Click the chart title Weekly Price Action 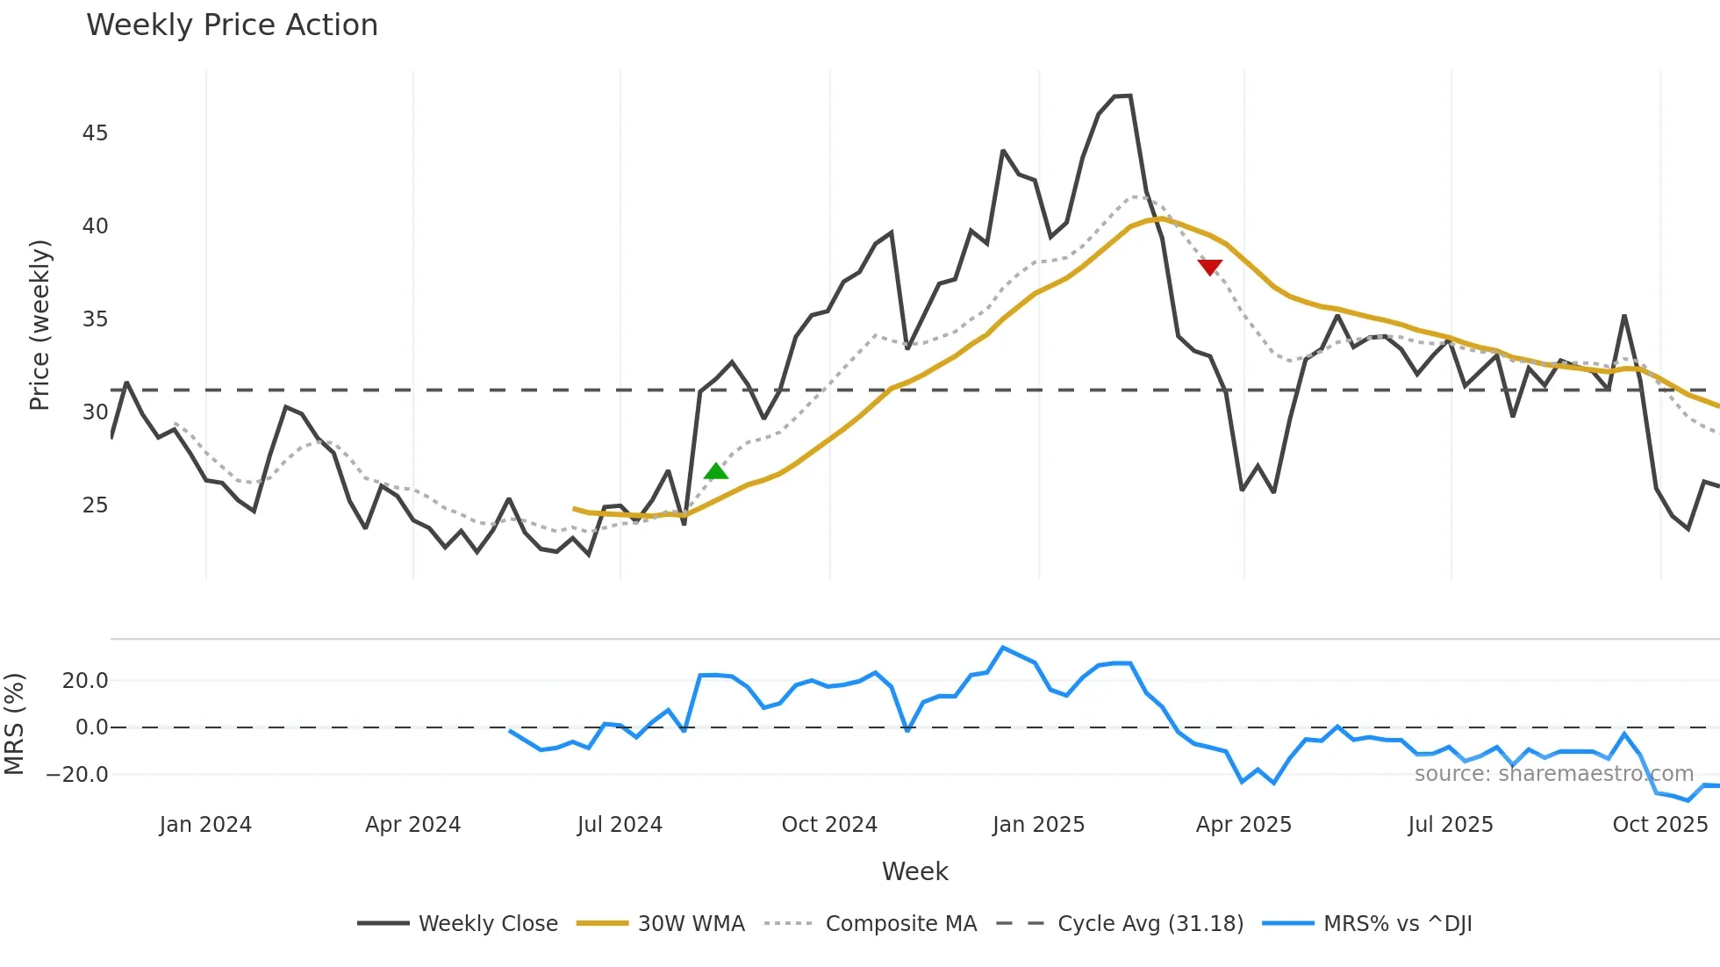(x=232, y=25)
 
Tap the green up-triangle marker (x=716, y=471)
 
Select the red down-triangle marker (x=1209, y=267)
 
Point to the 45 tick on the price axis (x=95, y=133)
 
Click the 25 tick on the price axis (x=95, y=505)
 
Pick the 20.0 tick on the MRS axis (x=85, y=681)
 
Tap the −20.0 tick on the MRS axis (x=77, y=775)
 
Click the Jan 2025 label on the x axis (x=1038, y=825)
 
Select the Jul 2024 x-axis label (x=620, y=825)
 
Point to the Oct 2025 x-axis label (x=1659, y=825)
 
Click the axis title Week (x=914, y=871)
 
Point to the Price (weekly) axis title (x=40, y=325)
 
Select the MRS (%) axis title (x=15, y=724)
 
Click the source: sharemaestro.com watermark (x=1553, y=774)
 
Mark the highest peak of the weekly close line (x=1129, y=95)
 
